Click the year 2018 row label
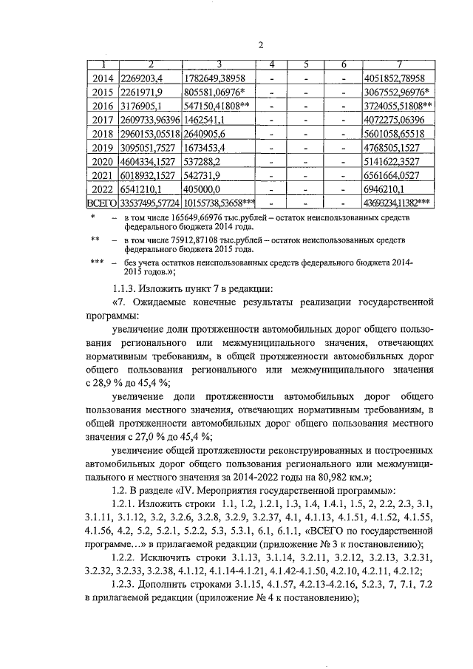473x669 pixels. (x=101, y=134)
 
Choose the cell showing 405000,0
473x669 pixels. (x=204, y=190)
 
